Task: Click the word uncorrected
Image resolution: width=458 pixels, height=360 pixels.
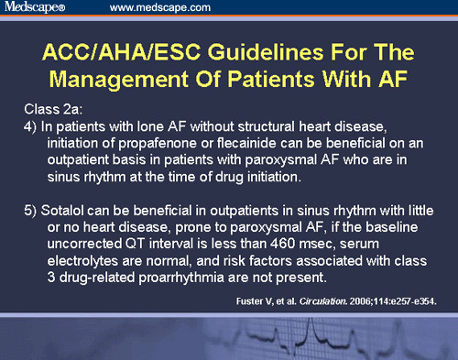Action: click(x=88, y=246)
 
